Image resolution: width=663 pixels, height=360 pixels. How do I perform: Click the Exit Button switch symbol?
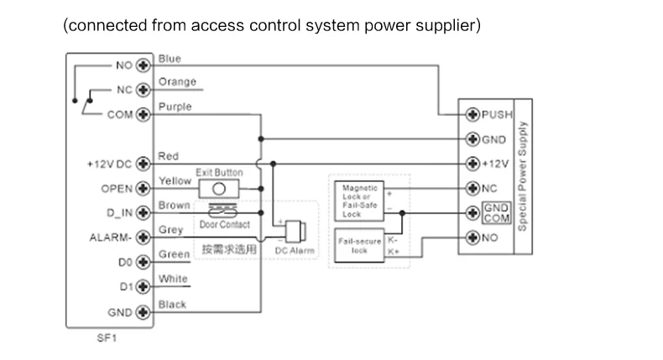pyautogui.click(x=220, y=188)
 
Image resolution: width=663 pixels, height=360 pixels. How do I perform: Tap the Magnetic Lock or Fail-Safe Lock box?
pyautogui.click(x=359, y=201)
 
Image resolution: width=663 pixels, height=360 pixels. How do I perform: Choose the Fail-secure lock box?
pyautogui.click(x=359, y=245)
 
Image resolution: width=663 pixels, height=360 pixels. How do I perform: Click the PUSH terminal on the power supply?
pyautogui.click(x=472, y=113)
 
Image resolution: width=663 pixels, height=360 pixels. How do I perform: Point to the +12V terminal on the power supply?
pyautogui.click(x=472, y=163)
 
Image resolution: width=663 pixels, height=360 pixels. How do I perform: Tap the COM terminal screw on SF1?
pyautogui.click(x=142, y=116)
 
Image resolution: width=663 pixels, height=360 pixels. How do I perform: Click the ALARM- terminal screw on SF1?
pyautogui.click(x=142, y=237)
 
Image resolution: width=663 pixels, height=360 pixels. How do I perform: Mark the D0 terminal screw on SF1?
pyautogui.click(x=142, y=262)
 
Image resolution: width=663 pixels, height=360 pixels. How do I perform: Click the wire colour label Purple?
pyautogui.click(x=175, y=107)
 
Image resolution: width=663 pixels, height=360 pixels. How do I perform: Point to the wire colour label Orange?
pyautogui.click(x=177, y=82)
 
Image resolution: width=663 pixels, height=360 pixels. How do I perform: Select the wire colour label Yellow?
pyautogui.click(x=175, y=180)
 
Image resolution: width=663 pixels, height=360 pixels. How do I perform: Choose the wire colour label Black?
pyautogui.click(x=172, y=305)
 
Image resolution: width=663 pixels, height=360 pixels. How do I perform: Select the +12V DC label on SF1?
pyautogui.click(x=106, y=164)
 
